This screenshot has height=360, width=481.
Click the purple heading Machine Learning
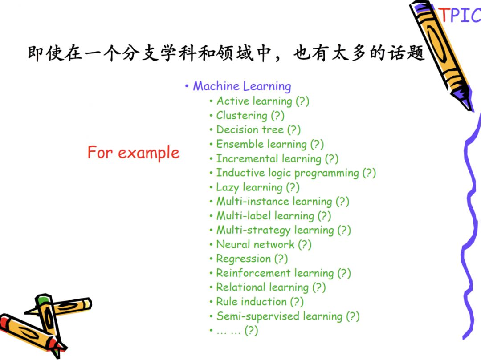tap(242, 86)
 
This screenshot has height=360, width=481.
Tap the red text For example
tap(134, 153)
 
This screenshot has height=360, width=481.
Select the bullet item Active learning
tap(254, 101)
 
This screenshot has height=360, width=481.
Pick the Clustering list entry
tap(242, 116)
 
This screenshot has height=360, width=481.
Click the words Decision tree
tap(250, 129)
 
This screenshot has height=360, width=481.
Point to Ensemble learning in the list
tap(262, 144)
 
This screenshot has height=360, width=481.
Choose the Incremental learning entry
tap(269, 158)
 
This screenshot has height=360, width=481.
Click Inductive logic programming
tap(288, 173)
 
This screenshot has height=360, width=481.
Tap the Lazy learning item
tap(249, 187)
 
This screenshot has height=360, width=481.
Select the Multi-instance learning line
tap(274, 202)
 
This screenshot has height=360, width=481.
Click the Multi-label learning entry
tap(265, 216)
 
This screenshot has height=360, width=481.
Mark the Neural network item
tap(255, 244)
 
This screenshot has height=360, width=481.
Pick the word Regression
tap(244, 259)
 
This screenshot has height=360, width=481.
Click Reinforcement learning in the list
tap(275, 273)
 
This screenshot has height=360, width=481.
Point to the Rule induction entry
tap(252, 301)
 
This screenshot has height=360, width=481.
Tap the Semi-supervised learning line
tap(279, 316)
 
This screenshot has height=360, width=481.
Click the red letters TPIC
tap(460, 15)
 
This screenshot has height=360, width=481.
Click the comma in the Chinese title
tap(277, 57)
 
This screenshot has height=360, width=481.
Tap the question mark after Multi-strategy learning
tap(344, 230)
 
